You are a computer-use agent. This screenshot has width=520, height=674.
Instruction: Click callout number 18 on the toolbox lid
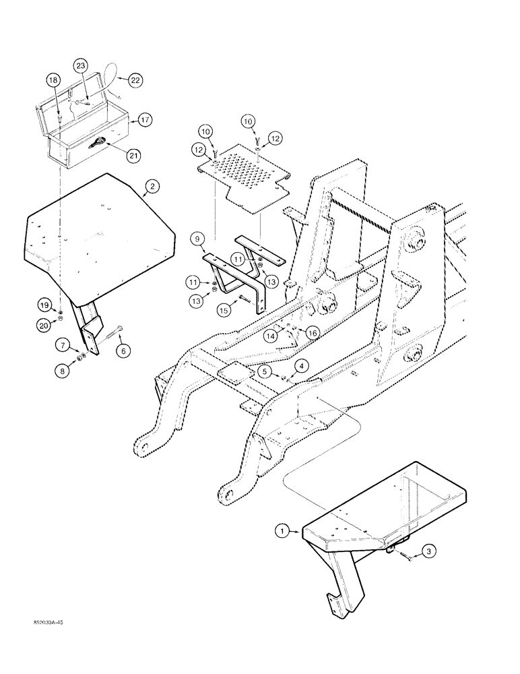pos(53,80)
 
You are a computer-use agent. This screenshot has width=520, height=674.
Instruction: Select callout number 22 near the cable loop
pos(137,80)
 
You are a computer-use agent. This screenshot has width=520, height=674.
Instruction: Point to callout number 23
pos(81,65)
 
